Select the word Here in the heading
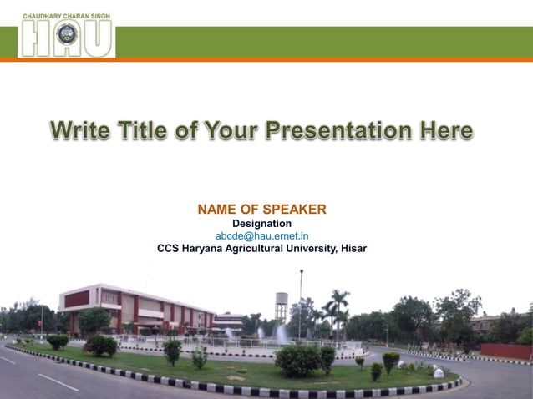pyautogui.click(x=446, y=132)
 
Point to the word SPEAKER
pyautogui.click(x=294, y=209)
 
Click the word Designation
pyautogui.click(x=261, y=224)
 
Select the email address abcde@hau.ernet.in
pyautogui.click(x=261, y=236)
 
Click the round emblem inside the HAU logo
pyautogui.click(x=67, y=36)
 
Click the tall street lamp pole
pyautogui.click(x=301, y=301)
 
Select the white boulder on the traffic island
pyautogui.click(x=439, y=373)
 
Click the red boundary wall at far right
pyautogui.click(x=505, y=351)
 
